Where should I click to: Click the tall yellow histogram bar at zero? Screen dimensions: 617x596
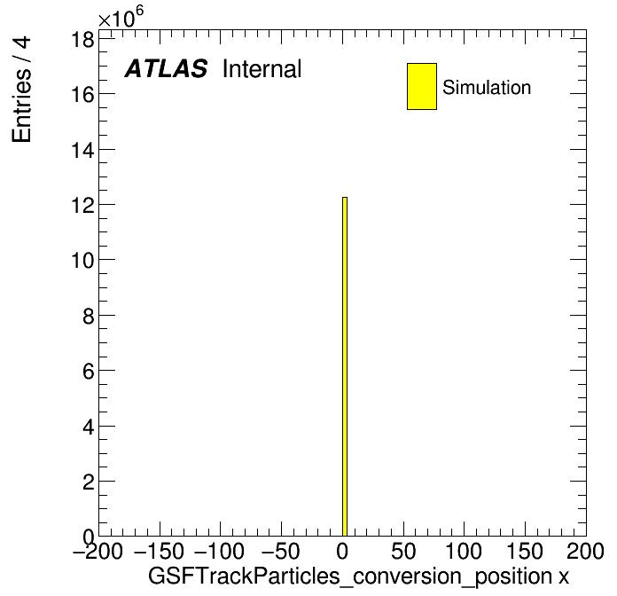[345, 366]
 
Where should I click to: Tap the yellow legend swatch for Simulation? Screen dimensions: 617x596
[422, 86]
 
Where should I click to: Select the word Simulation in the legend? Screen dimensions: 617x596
[487, 88]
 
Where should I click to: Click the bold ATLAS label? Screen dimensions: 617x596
[166, 68]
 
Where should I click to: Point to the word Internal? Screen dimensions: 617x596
[262, 69]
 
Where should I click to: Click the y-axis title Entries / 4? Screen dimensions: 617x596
[21, 90]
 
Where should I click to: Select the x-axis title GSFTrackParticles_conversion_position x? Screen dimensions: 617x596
[358, 576]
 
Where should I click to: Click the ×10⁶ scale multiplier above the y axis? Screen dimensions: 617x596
[121, 17]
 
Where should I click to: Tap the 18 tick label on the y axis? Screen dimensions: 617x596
[82, 39]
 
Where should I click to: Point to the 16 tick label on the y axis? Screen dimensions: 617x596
[82, 95]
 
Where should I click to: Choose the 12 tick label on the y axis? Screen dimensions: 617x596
[82, 205]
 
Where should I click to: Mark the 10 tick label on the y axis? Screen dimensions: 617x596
[82, 260]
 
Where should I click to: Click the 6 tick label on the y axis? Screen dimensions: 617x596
[89, 371]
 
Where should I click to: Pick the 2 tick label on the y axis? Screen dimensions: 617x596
[89, 482]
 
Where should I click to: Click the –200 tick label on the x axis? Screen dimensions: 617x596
[98, 551]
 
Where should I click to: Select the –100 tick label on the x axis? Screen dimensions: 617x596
[220, 551]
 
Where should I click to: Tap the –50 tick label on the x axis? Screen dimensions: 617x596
[280, 551]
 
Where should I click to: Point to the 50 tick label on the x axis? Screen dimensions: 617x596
[403, 551]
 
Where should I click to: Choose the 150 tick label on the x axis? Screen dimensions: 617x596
[525, 551]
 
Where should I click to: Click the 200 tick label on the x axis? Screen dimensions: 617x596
[585, 551]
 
